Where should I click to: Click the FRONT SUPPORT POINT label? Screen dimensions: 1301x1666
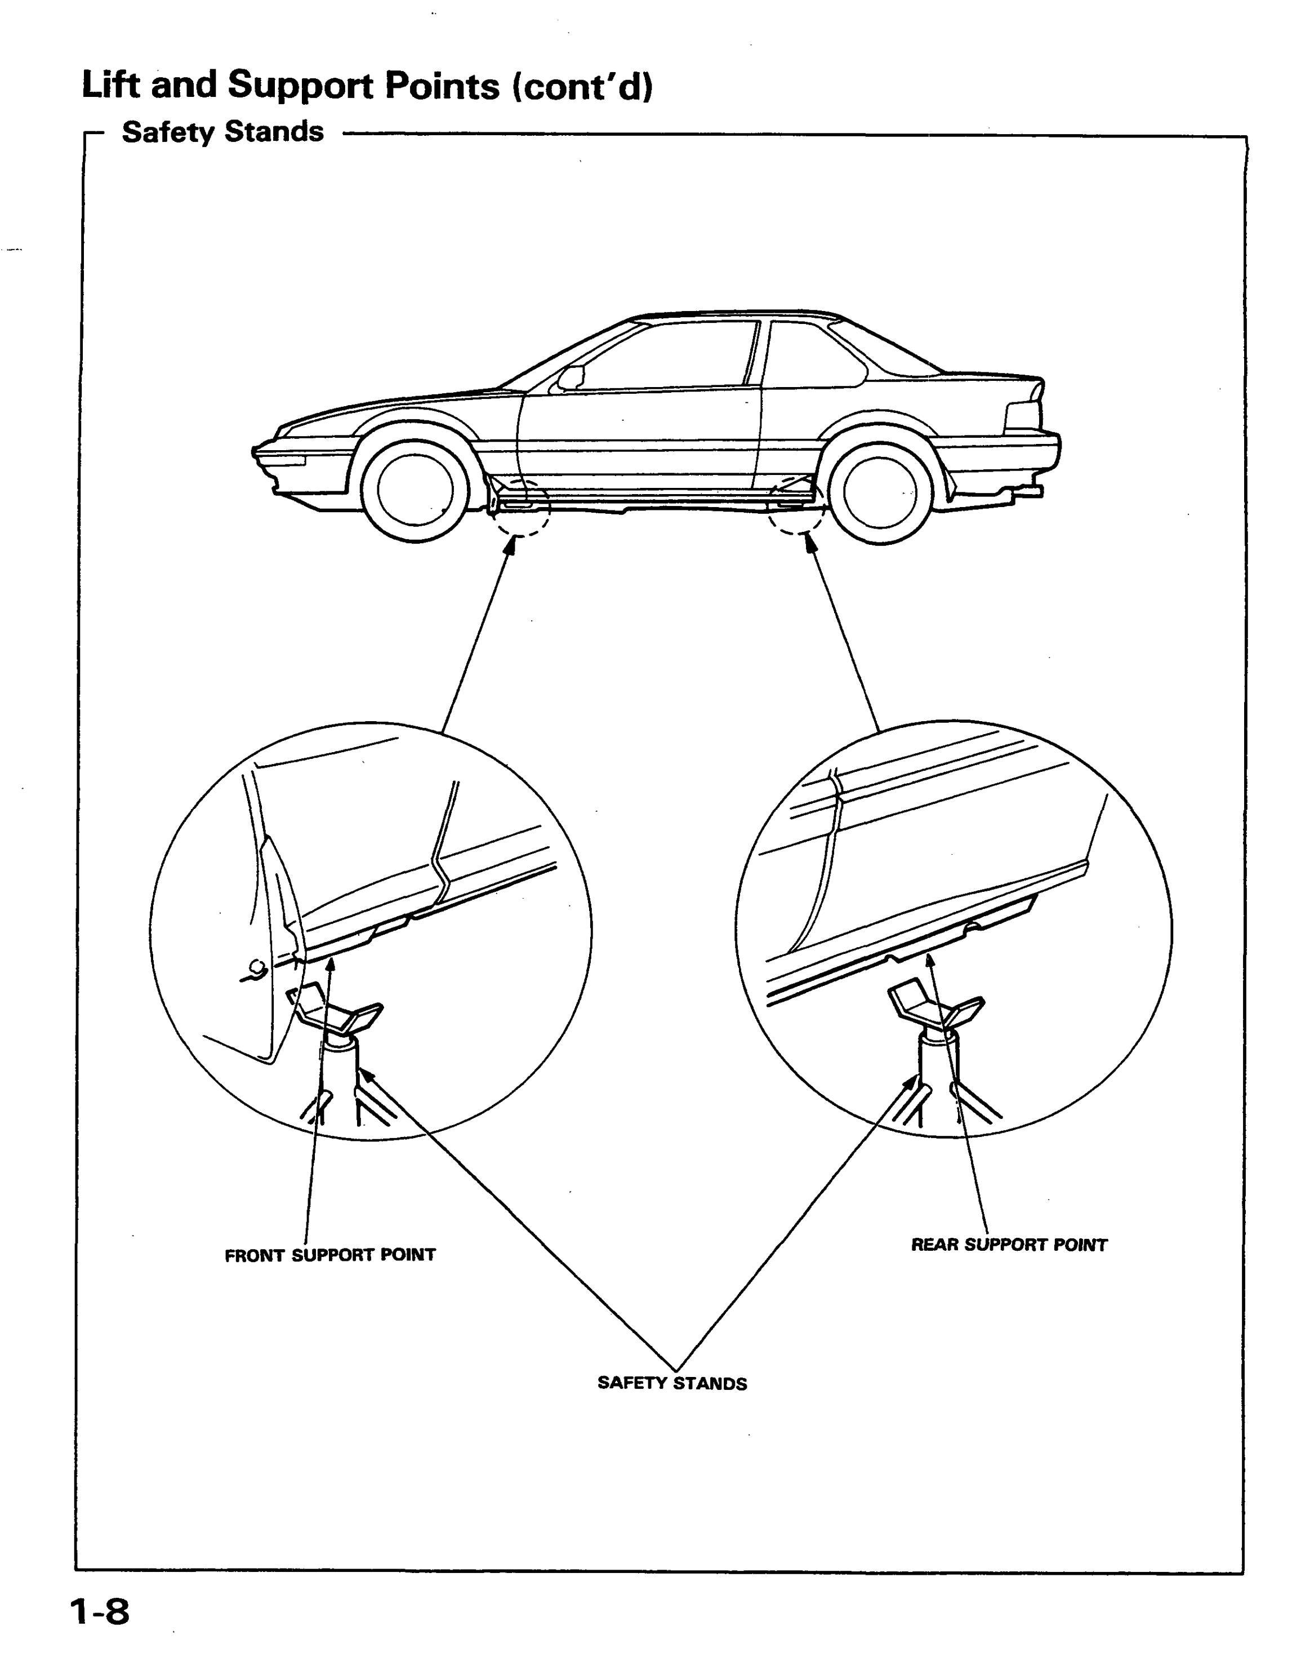(330, 1255)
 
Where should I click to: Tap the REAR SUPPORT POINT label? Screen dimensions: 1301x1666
(1009, 1245)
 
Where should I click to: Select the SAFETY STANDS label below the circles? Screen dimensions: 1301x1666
(672, 1383)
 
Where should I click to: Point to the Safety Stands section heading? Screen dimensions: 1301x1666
(222, 132)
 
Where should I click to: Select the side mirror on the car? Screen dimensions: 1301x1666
(571, 377)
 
